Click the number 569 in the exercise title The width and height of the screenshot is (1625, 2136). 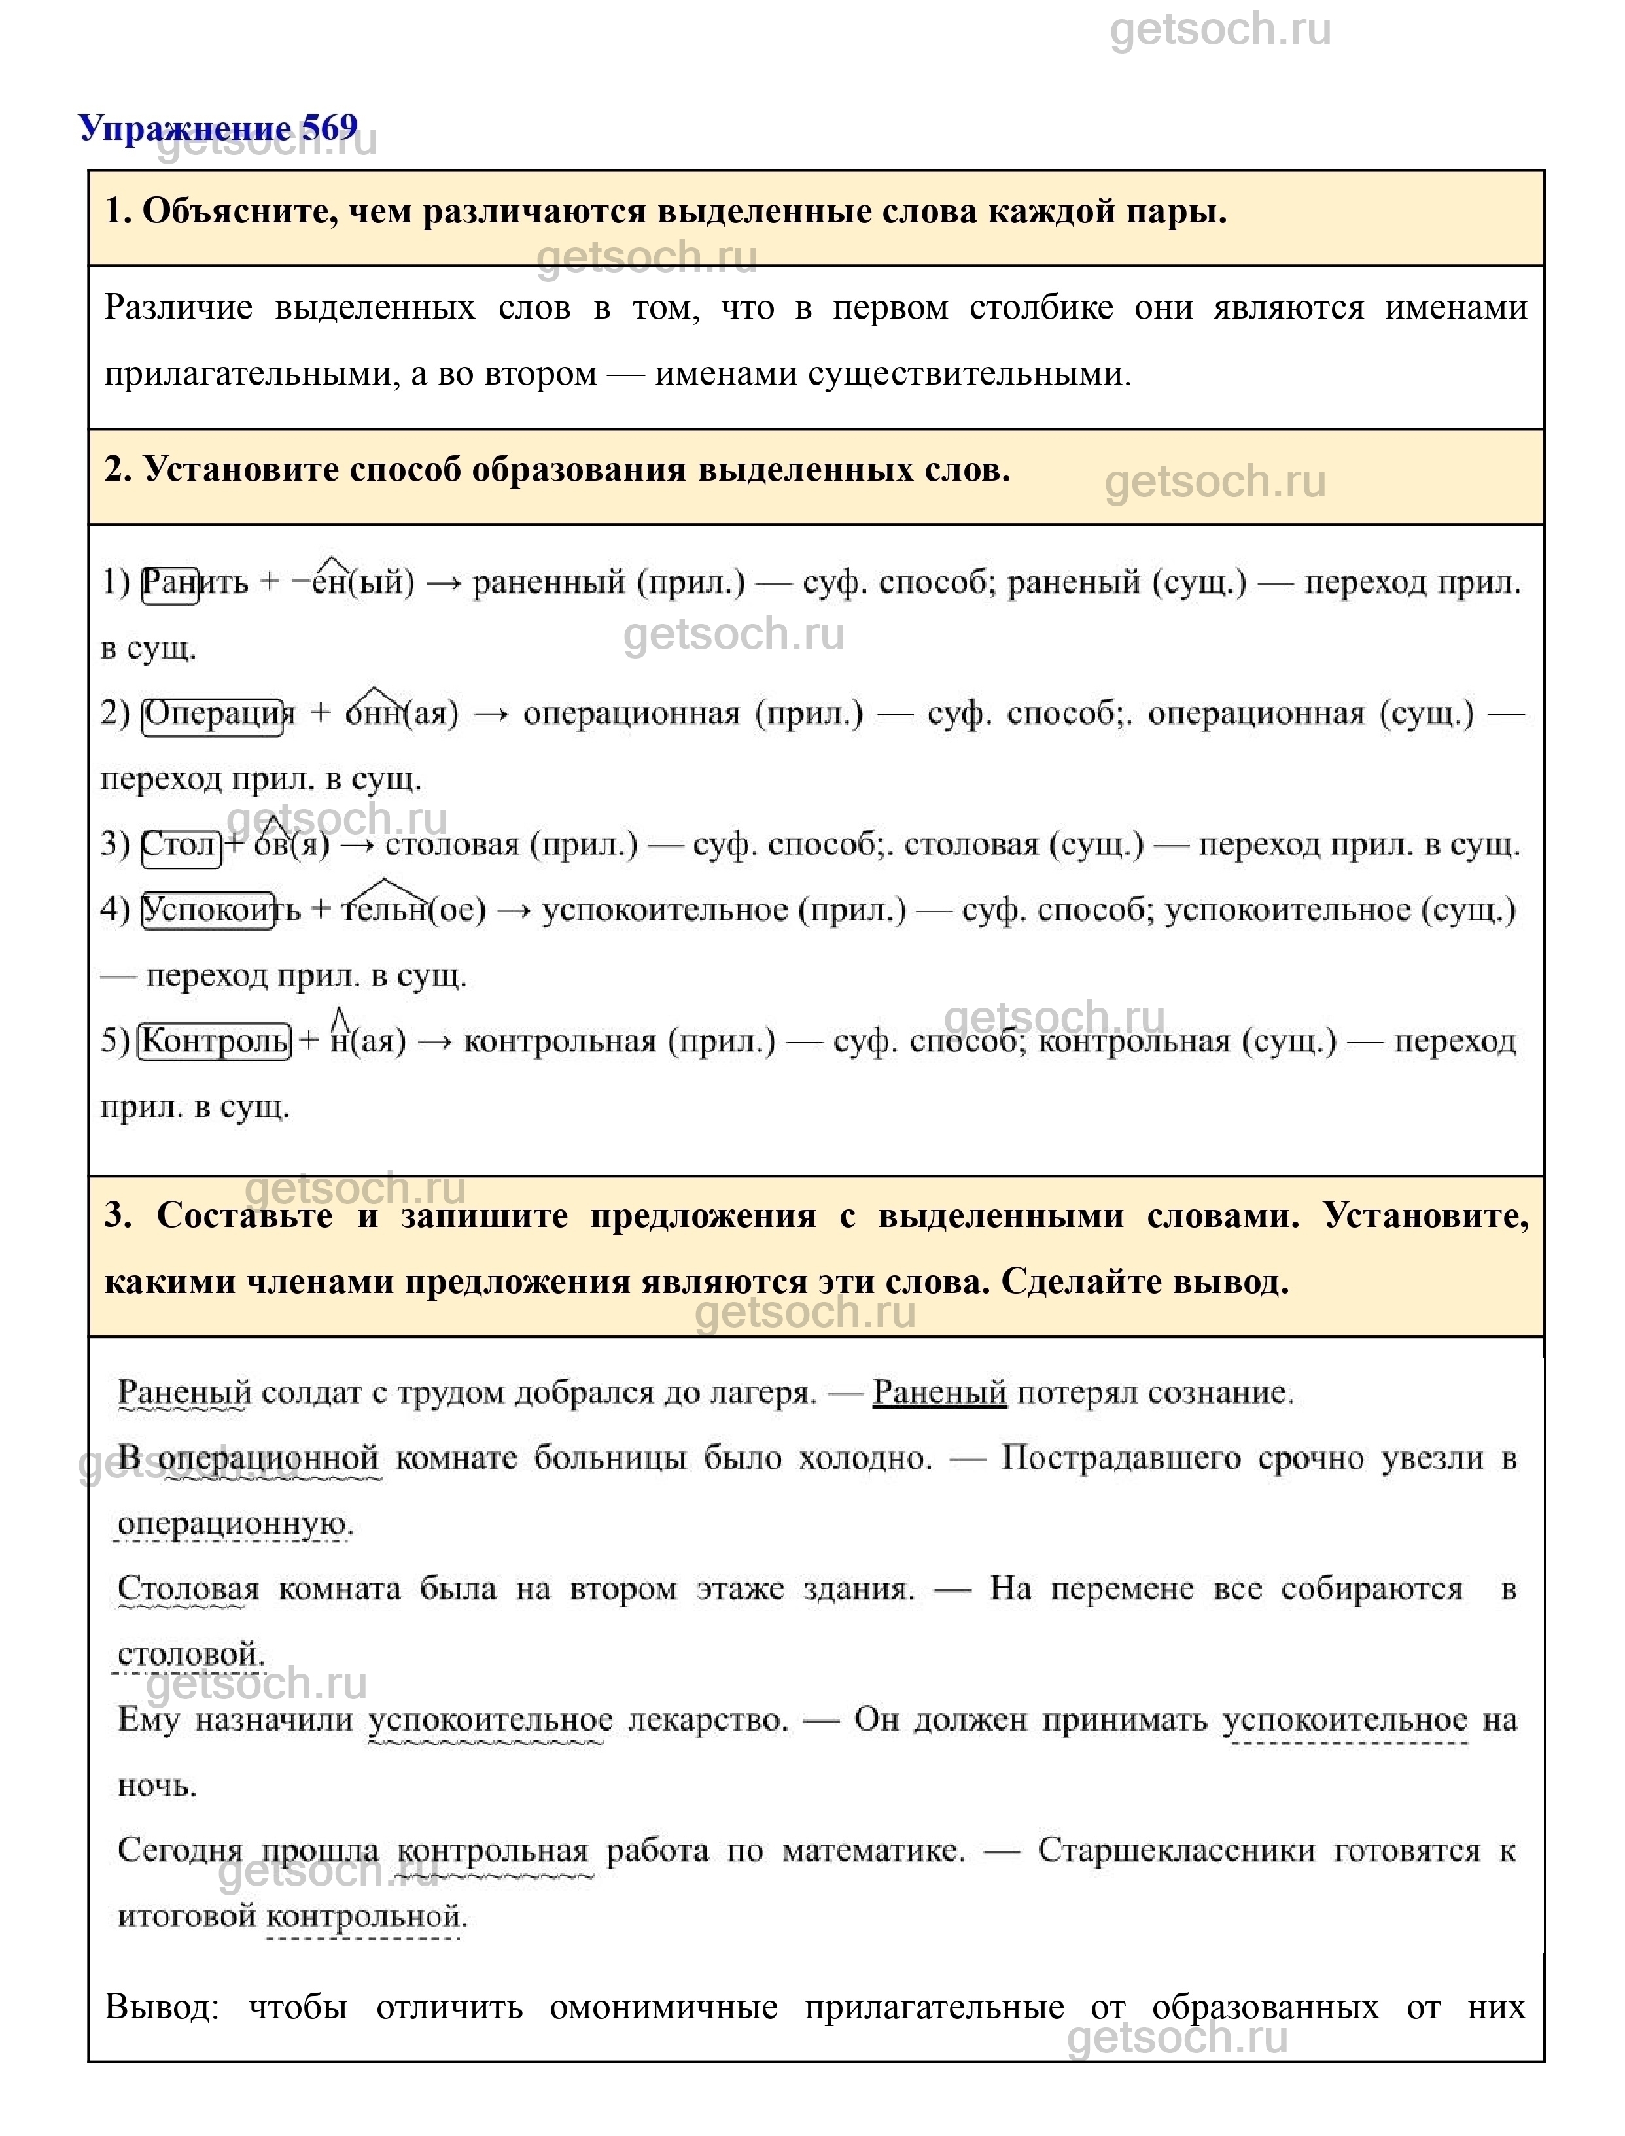point(329,128)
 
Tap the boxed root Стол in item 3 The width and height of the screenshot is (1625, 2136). point(180,844)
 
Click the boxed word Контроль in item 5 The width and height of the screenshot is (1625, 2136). point(215,1041)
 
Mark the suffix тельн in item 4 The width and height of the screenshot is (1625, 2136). point(385,910)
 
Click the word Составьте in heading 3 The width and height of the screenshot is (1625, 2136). point(244,1215)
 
